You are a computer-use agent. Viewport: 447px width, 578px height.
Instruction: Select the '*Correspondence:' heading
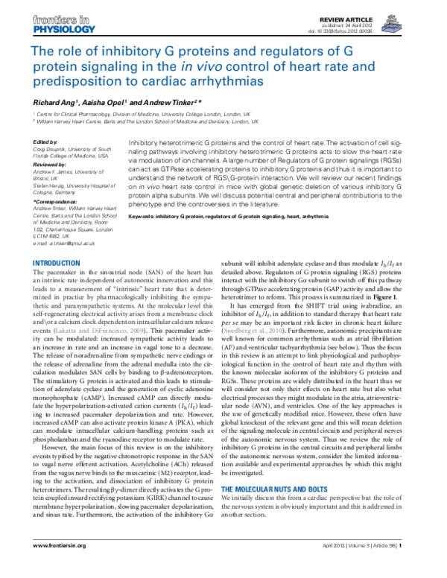click(x=57, y=201)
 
